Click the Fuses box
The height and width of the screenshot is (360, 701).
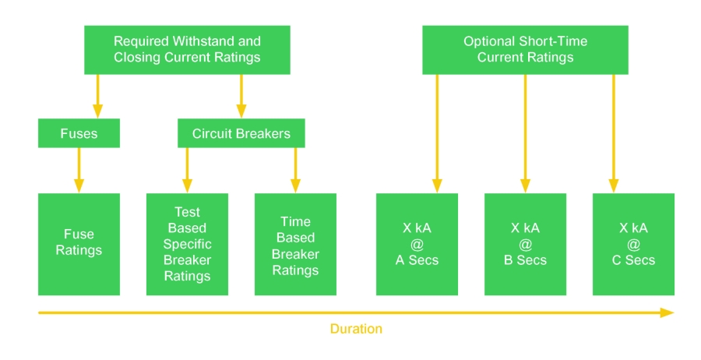coord(79,133)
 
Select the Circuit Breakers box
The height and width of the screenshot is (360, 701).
coord(241,133)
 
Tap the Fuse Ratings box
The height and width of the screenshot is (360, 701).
coord(79,244)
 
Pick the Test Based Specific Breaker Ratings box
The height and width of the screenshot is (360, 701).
coord(187,244)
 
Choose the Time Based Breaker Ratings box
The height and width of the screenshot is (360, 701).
coord(295,244)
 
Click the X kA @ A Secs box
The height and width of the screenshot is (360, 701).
coord(417,244)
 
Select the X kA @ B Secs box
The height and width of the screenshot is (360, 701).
coord(525,244)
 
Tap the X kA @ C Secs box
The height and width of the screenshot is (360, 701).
coord(633,244)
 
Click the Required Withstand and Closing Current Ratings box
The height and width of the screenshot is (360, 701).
coord(187,50)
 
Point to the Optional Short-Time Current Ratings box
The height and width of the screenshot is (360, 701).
coord(525,50)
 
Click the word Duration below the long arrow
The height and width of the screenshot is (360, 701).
coord(356,329)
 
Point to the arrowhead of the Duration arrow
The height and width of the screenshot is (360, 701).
coord(673,312)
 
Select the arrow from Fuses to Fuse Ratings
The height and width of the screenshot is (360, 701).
coord(79,171)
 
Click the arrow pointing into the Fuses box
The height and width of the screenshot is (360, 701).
coord(98,96)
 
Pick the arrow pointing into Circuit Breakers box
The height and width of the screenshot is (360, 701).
coord(241,96)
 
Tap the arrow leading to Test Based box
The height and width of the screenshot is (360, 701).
coord(187,171)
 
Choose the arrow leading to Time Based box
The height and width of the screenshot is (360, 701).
coord(295,171)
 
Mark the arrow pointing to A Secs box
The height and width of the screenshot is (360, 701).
coord(437,134)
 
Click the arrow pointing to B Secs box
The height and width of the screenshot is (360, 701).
coord(525,134)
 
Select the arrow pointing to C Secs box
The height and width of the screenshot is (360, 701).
coord(614,134)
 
